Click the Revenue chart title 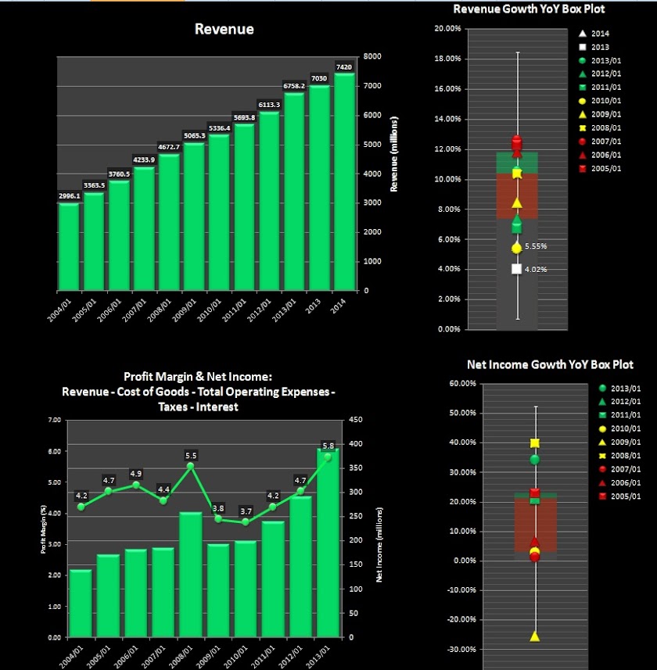pos(224,29)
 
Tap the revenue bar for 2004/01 pos(69,245)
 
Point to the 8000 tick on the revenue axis pos(372,56)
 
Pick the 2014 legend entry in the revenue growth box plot pos(594,34)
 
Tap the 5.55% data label pos(536,246)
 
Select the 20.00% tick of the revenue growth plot pos(447,29)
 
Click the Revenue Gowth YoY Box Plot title pos(529,9)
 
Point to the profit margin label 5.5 pos(191,455)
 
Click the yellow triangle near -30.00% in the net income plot pos(535,636)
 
